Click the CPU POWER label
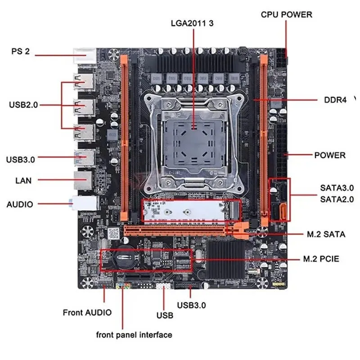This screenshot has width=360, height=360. click(286, 14)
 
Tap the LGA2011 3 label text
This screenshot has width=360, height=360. click(192, 23)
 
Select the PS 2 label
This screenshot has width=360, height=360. click(21, 51)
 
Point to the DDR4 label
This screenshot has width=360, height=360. click(335, 100)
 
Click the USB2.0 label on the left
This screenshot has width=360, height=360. click(23, 105)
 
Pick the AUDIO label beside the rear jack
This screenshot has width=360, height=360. click(20, 204)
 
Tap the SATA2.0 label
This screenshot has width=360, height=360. click(337, 199)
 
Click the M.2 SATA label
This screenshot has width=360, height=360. click(326, 234)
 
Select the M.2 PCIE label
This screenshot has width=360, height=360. click(325, 259)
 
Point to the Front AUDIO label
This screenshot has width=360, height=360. click(87, 312)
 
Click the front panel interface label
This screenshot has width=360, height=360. click(134, 335)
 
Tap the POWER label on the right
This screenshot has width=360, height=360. click(329, 155)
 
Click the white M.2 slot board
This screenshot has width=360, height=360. click(189, 210)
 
